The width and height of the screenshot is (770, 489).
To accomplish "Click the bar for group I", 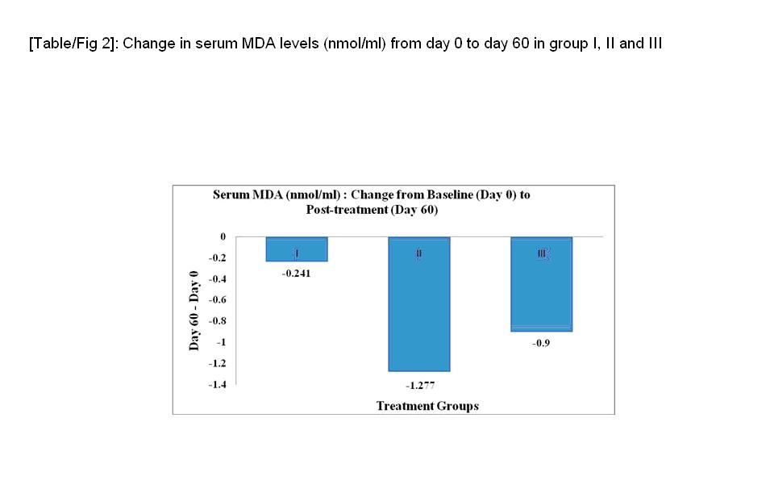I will (x=297, y=249).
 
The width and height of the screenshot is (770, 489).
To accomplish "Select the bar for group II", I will (x=418, y=303).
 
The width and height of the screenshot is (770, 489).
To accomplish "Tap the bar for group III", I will (x=542, y=284).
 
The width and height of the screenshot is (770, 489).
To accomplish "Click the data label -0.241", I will (x=297, y=273).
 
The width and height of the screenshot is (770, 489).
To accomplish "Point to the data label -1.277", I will (x=419, y=385).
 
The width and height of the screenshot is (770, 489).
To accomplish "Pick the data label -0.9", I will (x=542, y=343).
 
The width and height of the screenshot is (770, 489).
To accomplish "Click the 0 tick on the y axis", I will (x=223, y=236).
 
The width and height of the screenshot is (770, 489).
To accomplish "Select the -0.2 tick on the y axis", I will (x=217, y=258).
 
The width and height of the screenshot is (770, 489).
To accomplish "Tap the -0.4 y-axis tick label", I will (x=217, y=279).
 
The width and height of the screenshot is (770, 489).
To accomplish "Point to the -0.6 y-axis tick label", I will (x=217, y=300).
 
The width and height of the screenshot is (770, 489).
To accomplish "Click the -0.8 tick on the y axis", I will (x=217, y=321).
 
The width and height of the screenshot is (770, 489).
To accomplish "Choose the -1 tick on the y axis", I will (x=220, y=342).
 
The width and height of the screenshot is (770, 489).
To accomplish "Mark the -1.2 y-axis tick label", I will (x=217, y=363).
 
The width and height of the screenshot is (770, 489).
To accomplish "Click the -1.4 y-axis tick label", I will (x=217, y=385).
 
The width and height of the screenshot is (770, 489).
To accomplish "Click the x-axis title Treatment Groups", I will (x=427, y=406).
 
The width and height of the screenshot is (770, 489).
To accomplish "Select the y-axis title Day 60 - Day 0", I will (x=195, y=310).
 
